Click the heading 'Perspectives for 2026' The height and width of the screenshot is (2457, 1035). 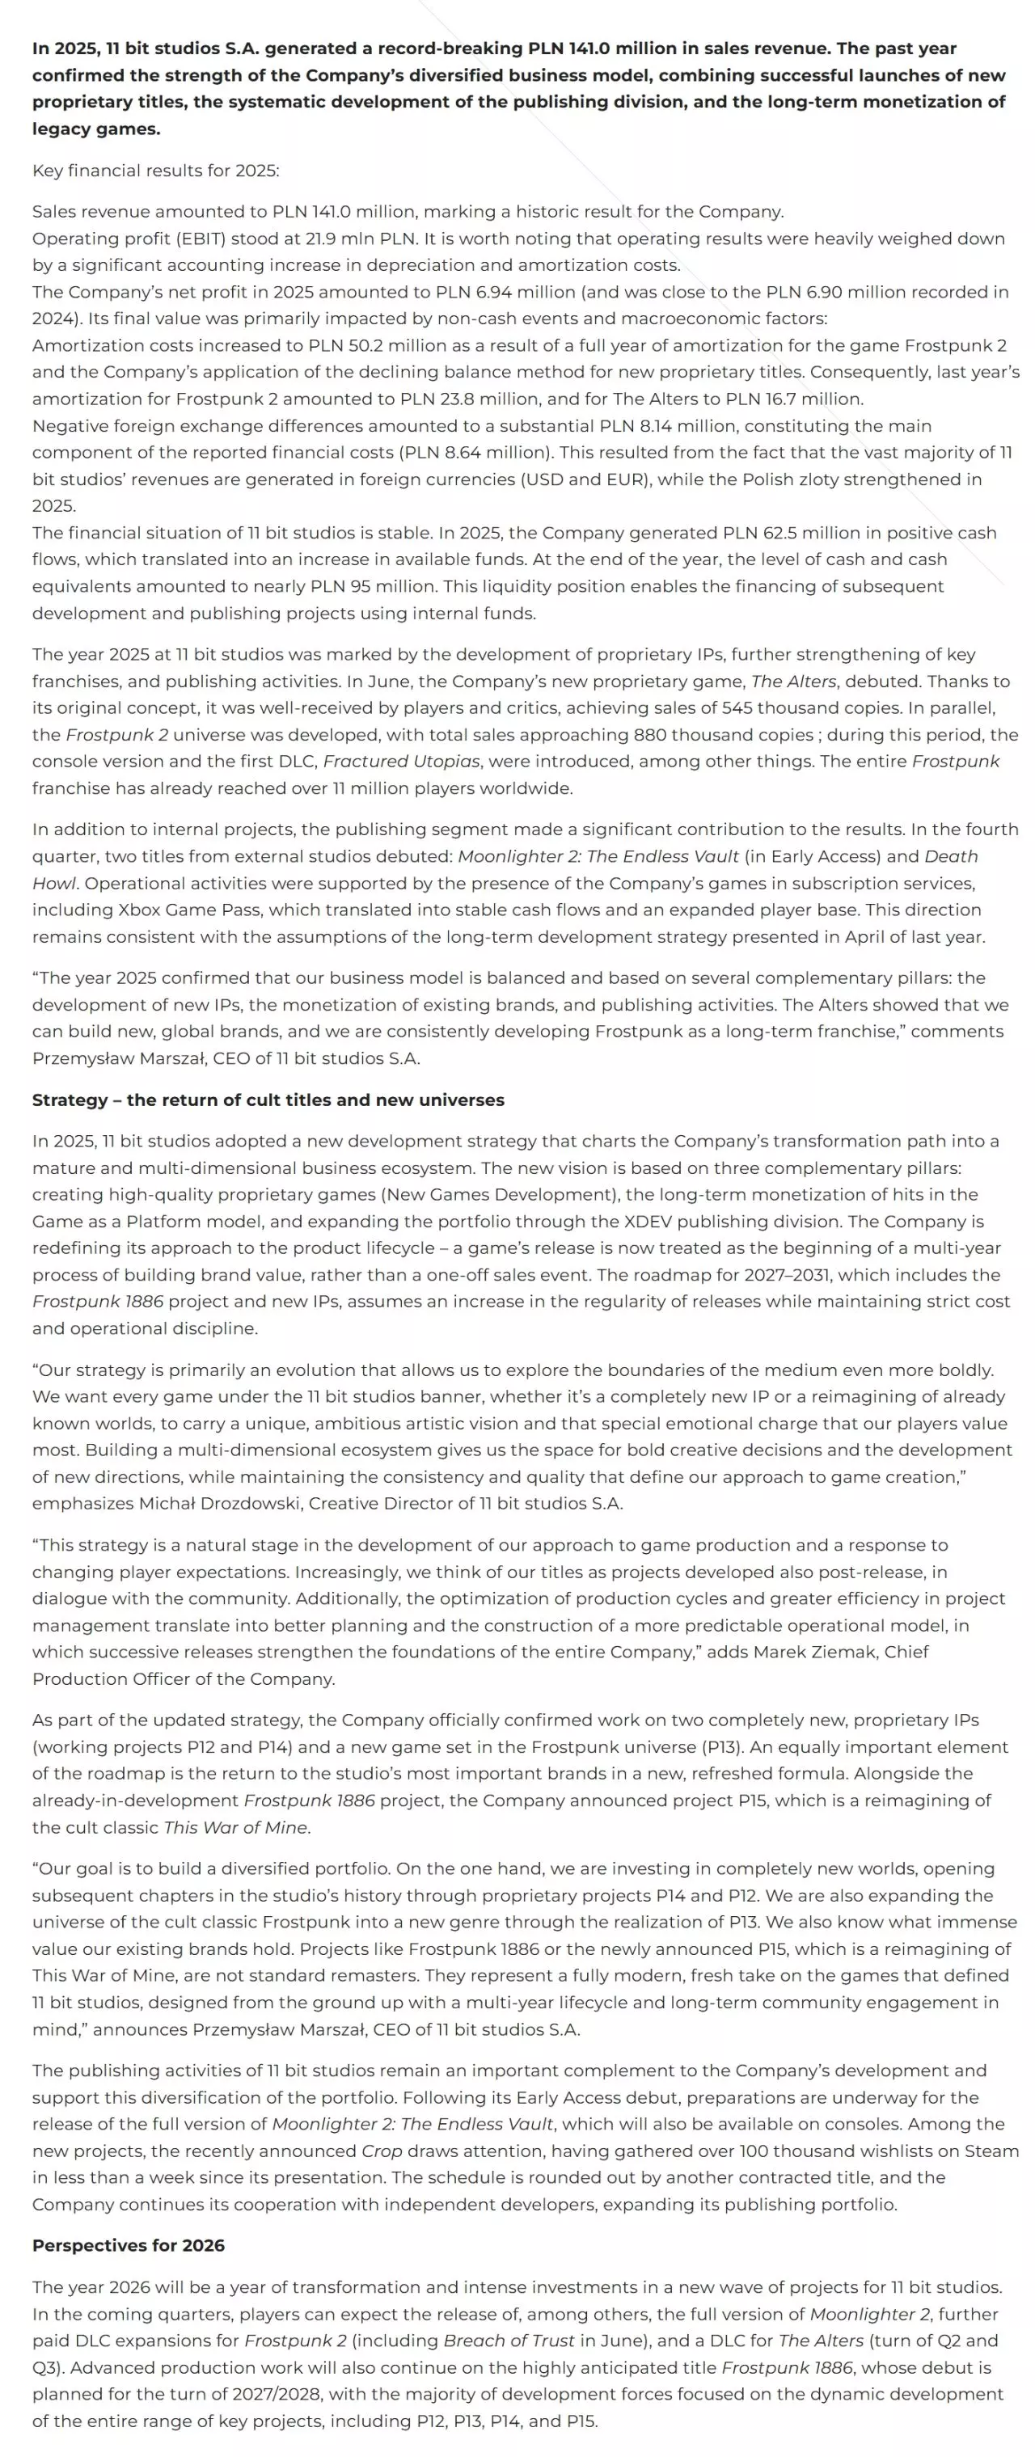(x=128, y=2244)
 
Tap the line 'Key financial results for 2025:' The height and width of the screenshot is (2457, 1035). (x=155, y=170)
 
